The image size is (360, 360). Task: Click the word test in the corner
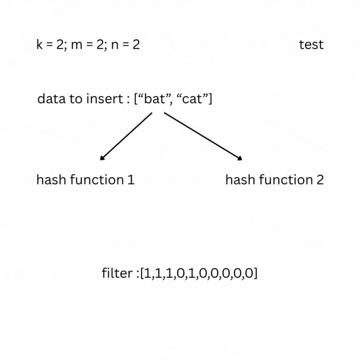311,45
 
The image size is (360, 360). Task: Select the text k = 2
50,45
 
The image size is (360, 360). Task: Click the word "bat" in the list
152,99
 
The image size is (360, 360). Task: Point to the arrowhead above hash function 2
240,158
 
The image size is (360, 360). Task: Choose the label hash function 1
85,180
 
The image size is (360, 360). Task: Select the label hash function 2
274,180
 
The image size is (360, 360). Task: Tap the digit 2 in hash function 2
320,180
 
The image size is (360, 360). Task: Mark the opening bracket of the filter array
142,274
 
